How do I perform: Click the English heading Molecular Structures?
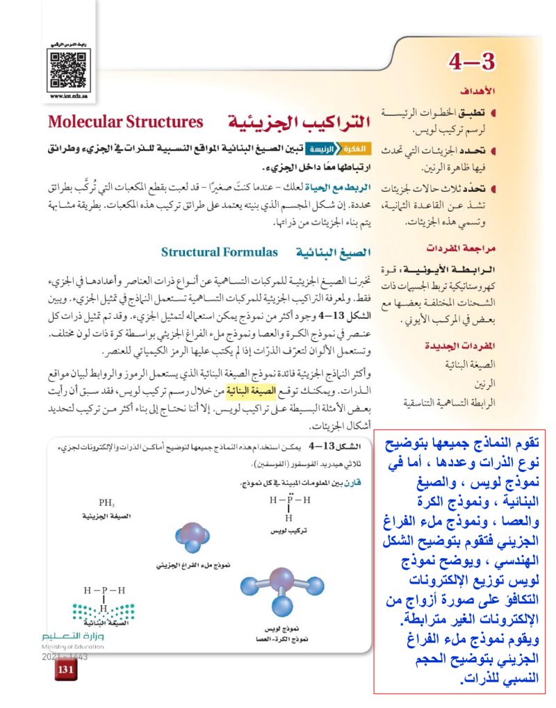pos(125,122)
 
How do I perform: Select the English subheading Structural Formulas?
pos(220,251)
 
